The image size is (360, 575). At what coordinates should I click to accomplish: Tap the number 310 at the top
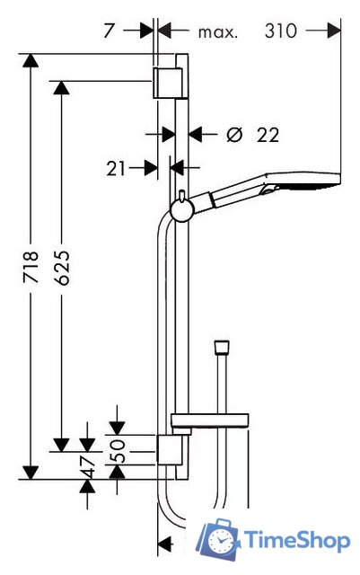click(281, 31)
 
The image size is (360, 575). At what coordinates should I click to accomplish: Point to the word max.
click(218, 32)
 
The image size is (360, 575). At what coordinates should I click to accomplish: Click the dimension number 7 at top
click(110, 31)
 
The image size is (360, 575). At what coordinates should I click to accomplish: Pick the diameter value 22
click(268, 135)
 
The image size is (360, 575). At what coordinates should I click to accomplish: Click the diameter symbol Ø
click(234, 135)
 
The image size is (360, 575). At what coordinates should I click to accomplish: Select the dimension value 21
click(116, 169)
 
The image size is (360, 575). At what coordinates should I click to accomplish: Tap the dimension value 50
click(118, 451)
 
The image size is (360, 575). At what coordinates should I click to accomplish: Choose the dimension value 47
click(87, 467)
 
